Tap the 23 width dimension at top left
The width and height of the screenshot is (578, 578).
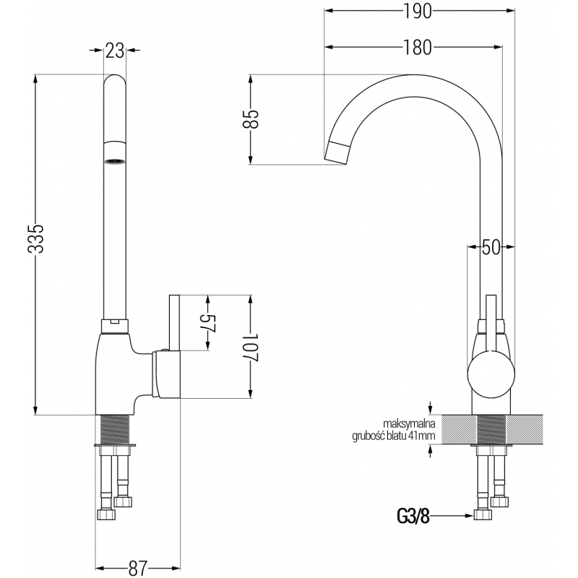click(x=114, y=50)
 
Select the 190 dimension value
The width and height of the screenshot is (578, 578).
click(x=417, y=12)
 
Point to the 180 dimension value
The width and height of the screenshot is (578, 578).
click(x=417, y=47)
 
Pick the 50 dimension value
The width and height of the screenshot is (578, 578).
click(x=491, y=248)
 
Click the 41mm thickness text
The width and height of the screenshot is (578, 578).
click(x=421, y=436)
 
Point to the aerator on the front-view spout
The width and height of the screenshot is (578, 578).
click(x=113, y=160)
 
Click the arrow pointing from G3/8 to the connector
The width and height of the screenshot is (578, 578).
click(x=452, y=516)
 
